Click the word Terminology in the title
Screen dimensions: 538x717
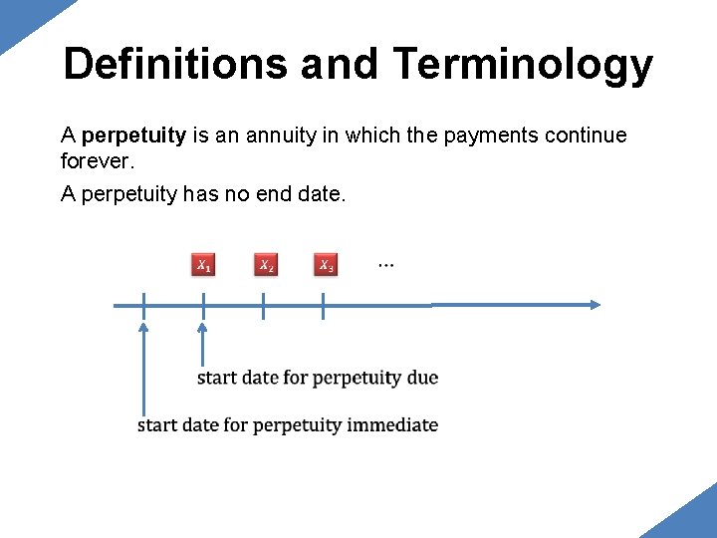coord(523,65)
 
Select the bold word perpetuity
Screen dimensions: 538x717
coord(133,135)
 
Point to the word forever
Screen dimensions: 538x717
coord(98,160)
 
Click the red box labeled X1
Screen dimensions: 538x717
coord(203,265)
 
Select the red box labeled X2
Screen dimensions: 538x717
coord(266,265)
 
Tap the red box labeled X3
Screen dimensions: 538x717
coord(326,265)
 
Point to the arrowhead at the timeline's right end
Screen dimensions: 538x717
coord(595,305)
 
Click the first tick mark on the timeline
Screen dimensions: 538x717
coord(143,306)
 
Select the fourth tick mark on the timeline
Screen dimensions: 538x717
coord(324,306)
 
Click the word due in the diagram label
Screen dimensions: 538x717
coord(422,378)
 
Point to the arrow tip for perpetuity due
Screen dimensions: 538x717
coord(203,327)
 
